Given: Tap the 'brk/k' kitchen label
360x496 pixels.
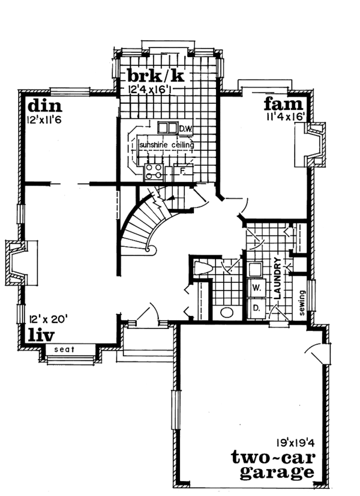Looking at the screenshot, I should coord(155,76).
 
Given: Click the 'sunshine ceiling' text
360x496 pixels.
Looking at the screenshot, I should coord(167,145).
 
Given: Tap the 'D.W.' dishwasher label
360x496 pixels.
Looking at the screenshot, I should coord(184,129).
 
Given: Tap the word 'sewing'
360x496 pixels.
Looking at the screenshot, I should coord(302,304).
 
